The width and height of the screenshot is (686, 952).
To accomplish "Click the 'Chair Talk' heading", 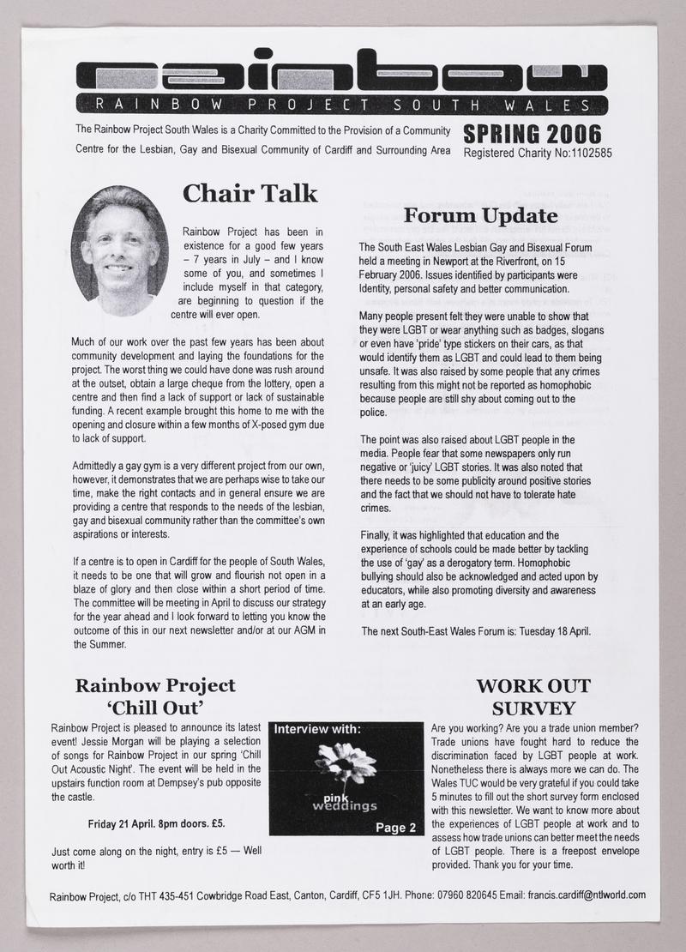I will click(x=250, y=194).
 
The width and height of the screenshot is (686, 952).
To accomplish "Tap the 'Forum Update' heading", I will click(x=481, y=215).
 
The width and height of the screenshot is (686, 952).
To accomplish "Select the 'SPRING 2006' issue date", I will click(x=533, y=135).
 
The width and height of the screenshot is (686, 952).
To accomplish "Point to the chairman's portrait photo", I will click(x=119, y=250).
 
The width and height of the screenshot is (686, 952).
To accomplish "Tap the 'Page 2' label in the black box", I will click(x=395, y=827).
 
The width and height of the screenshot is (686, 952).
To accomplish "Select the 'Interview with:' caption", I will click(x=317, y=730).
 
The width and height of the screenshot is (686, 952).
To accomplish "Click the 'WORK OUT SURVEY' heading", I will click(x=533, y=697).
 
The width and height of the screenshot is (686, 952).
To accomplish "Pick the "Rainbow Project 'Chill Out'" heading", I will click(x=155, y=696).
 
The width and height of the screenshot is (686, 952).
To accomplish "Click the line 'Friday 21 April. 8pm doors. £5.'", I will click(x=156, y=824).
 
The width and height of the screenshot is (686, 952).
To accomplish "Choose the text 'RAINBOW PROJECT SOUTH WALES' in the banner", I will click(x=342, y=105).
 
